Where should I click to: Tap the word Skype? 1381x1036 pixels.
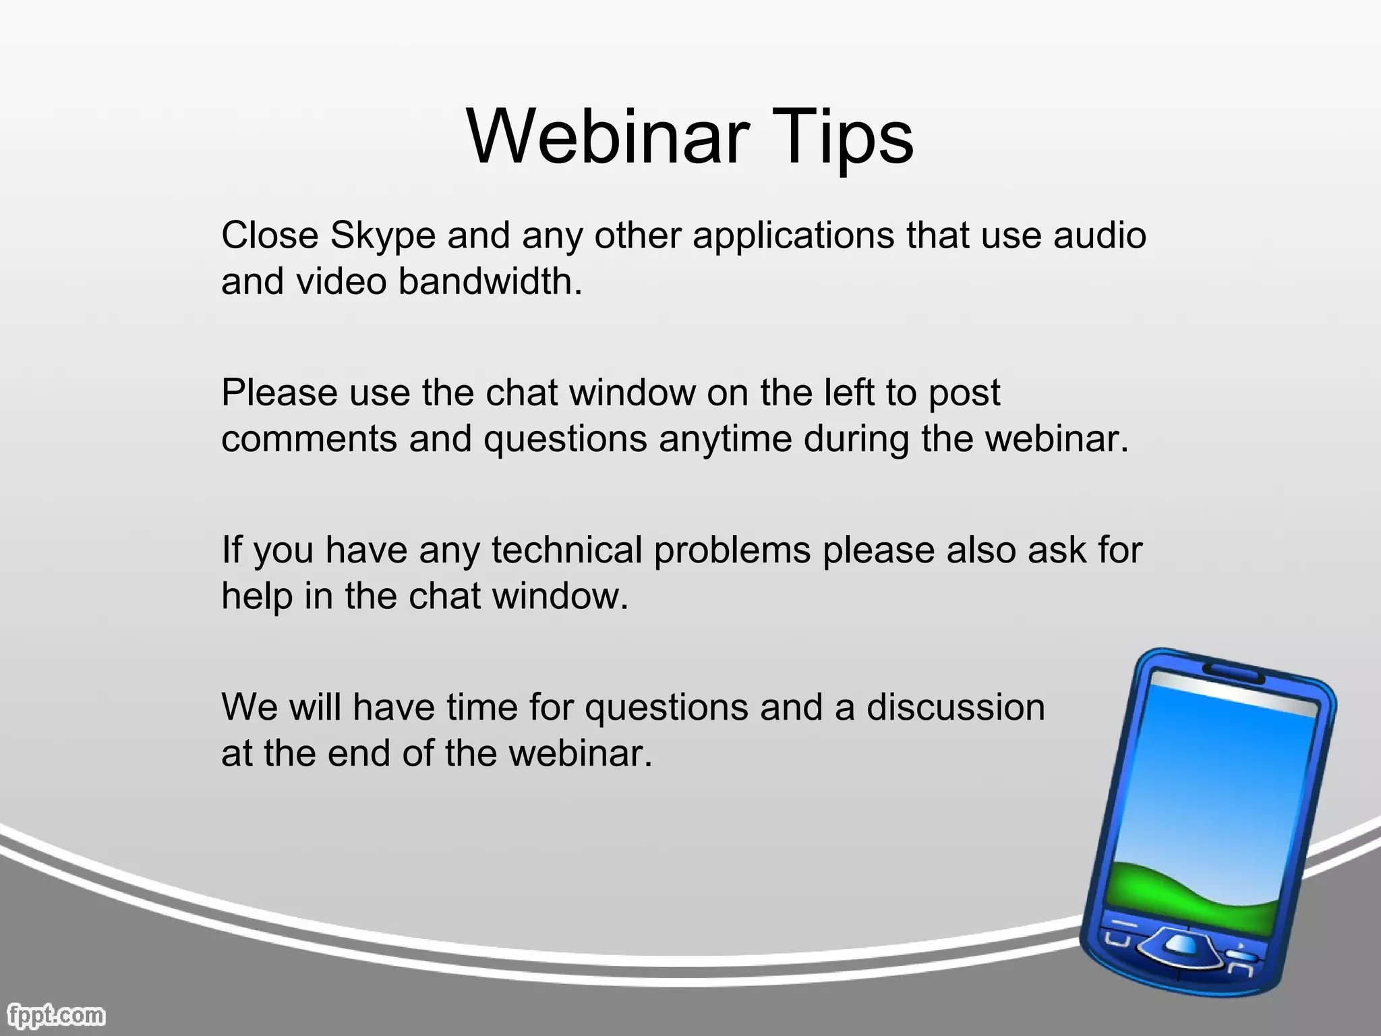click(x=382, y=237)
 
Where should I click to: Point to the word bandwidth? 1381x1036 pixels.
click(x=489, y=281)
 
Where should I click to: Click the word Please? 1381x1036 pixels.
click(x=279, y=393)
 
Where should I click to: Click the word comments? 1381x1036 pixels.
click(x=310, y=439)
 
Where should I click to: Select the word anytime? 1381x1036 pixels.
click(x=725, y=439)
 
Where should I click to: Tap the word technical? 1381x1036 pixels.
click(x=566, y=550)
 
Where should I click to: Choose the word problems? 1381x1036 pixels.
click(x=732, y=550)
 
